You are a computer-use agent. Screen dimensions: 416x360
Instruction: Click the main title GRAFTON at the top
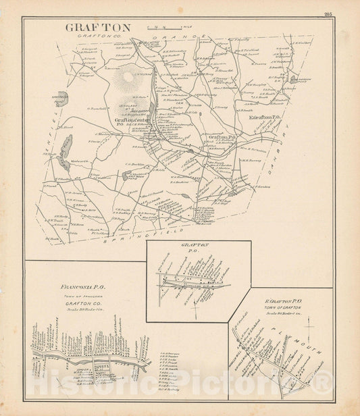pos(93,28)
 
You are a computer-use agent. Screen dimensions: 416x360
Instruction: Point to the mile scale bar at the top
pos(165,26)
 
